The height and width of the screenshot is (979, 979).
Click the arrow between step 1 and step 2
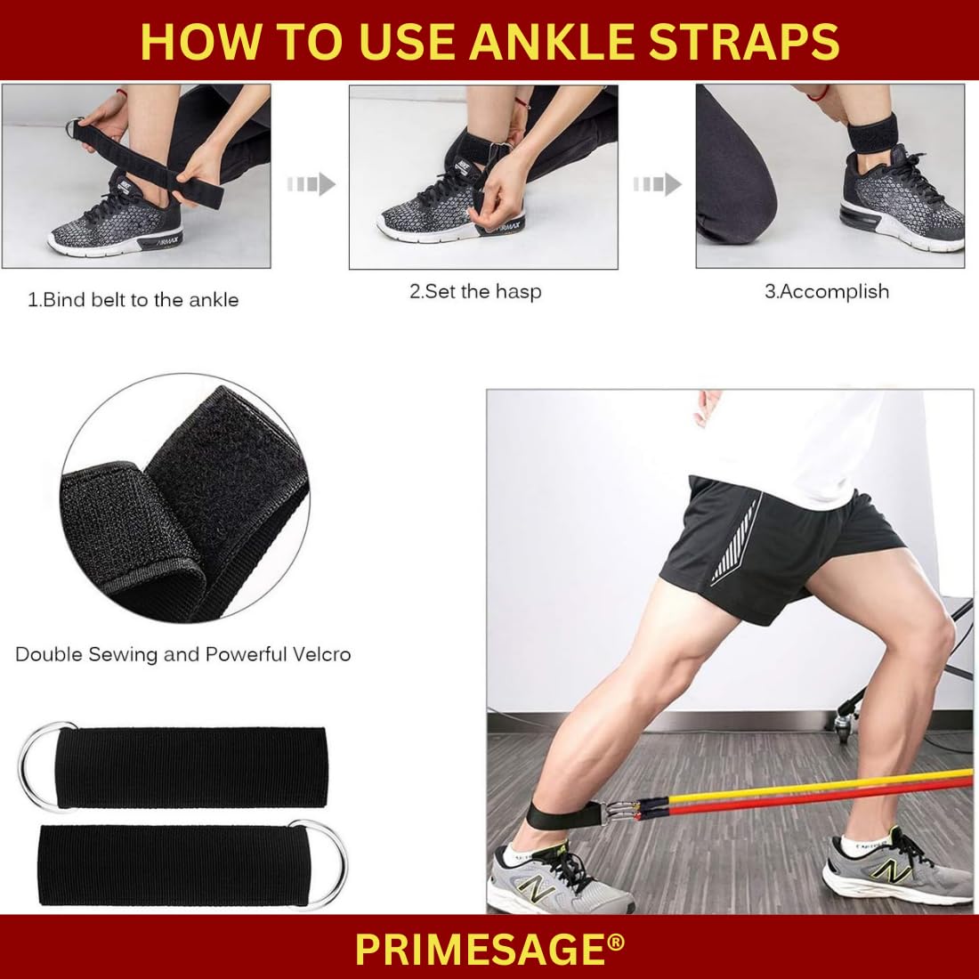coord(311,184)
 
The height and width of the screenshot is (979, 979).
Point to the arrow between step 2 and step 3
coord(658,184)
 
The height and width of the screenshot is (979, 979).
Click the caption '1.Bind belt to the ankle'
coord(133,300)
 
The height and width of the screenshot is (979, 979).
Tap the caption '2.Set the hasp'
coord(476,292)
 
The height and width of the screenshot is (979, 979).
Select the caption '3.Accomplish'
coord(827,292)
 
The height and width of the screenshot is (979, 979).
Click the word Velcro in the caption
coord(318,654)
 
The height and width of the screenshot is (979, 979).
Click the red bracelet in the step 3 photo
coord(818,95)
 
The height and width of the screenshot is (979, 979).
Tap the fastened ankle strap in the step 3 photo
coord(873,133)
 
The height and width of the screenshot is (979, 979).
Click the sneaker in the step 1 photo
coord(116,213)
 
